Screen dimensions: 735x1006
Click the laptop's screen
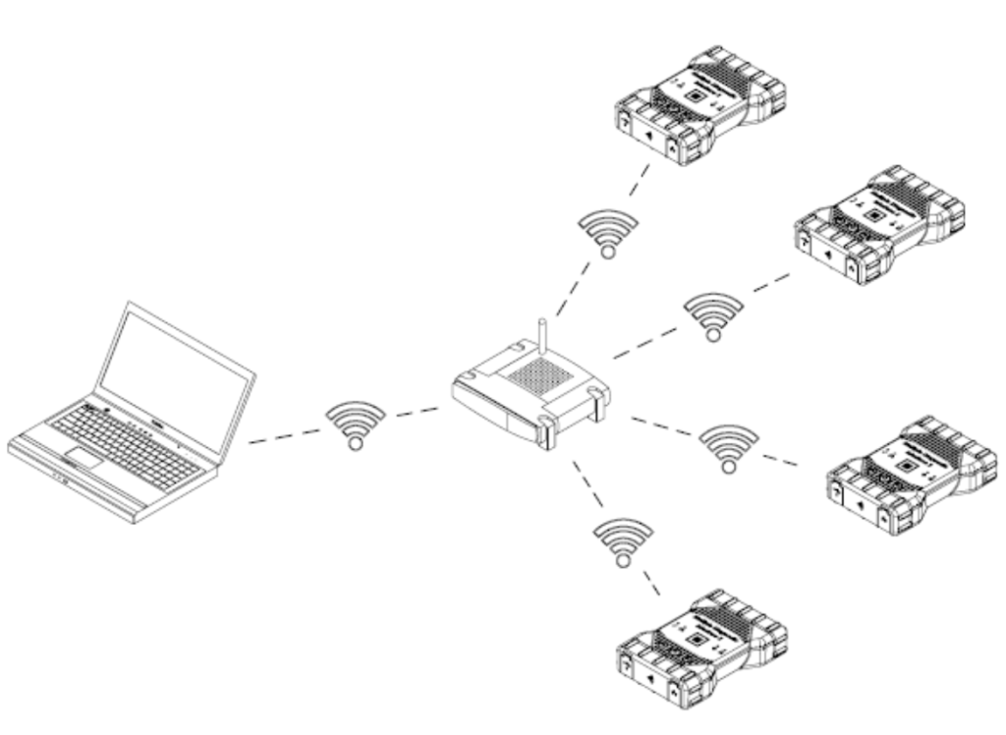175,379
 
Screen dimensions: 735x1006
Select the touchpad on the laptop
84,458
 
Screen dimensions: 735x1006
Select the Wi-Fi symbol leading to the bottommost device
622,539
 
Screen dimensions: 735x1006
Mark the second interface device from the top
879,225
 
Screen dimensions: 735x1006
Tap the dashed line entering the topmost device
640,180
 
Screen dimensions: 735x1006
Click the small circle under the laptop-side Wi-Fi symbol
356,443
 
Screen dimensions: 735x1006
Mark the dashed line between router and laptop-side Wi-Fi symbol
418,412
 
